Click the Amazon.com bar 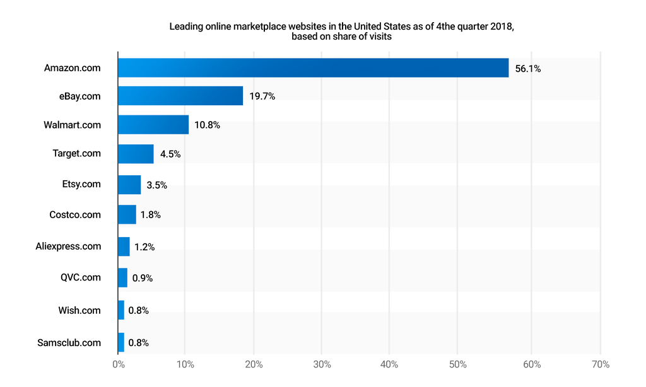click(313, 68)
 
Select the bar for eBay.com click(180, 96)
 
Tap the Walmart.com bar click(153, 125)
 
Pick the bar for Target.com click(136, 154)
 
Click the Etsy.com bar click(129, 185)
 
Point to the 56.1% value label click(527, 69)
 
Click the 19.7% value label click(262, 96)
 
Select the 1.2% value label click(144, 247)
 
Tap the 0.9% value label click(143, 278)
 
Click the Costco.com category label click(75, 215)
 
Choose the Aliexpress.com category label click(68, 246)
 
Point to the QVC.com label click(81, 277)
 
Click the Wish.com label click(79, 310)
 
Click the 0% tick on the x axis click(118, 364)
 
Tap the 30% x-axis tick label click(322, 364)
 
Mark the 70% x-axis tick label click(601, 364)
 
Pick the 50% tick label click(458, 364)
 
